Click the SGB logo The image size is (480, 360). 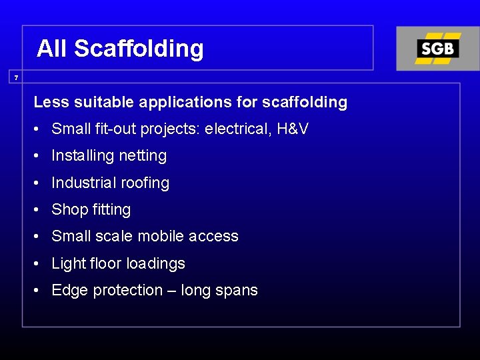(437, 49)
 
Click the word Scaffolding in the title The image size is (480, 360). (139, 49)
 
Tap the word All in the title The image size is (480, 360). (52, 49)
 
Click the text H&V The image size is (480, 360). (294, 129)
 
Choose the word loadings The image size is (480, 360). (155, 263)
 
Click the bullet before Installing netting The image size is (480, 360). (40, 156)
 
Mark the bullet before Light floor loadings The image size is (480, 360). (40, 264)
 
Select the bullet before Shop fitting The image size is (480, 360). (40, 210)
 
